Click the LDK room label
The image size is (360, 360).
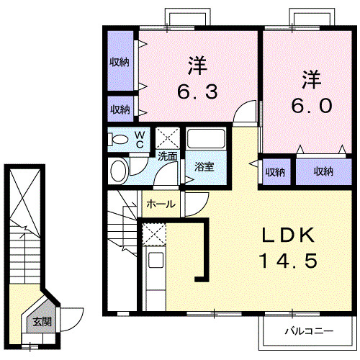coord(287,235)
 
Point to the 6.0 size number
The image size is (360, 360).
coord(311,106)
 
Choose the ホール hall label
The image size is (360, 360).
coord(161,204)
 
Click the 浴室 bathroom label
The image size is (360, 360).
coord(204,167)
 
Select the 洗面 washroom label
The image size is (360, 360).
coord(168,156)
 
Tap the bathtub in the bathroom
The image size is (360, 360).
coord(207,139)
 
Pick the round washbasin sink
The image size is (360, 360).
coord(119,171)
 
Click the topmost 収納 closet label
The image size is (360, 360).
coord(120,62)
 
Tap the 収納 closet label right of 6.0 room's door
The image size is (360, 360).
coord(273,172)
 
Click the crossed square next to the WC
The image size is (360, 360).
coord(168,137)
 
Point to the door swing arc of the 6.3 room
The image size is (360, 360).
coord(246,112)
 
